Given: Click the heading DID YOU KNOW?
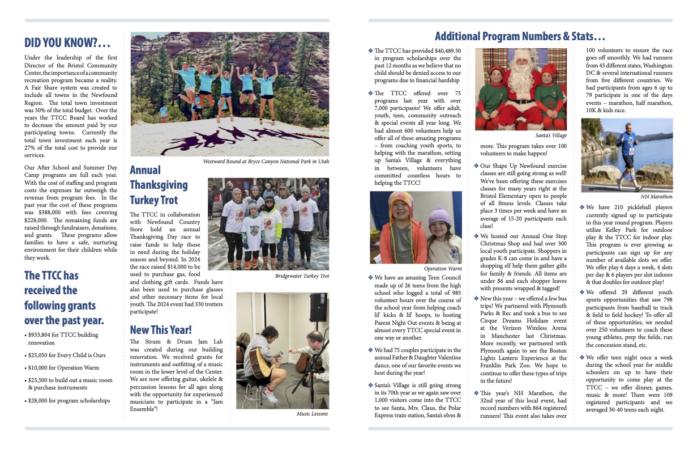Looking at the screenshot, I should point(67,43).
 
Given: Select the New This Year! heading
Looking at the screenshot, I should point(161,329).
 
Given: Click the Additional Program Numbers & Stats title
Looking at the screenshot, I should point(520,37).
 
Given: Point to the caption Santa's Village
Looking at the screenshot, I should point(550,135).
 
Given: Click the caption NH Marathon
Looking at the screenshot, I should point(657,197).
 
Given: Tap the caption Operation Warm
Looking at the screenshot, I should point(443,268).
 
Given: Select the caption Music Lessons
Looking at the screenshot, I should point(312,414).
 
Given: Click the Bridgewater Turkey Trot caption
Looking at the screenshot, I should point(302,276).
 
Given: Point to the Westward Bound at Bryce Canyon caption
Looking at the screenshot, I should point(266,162).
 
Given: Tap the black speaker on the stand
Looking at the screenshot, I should point(318,307).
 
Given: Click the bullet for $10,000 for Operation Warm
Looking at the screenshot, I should point(26,367).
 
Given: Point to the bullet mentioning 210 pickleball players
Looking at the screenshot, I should point(583,207).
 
